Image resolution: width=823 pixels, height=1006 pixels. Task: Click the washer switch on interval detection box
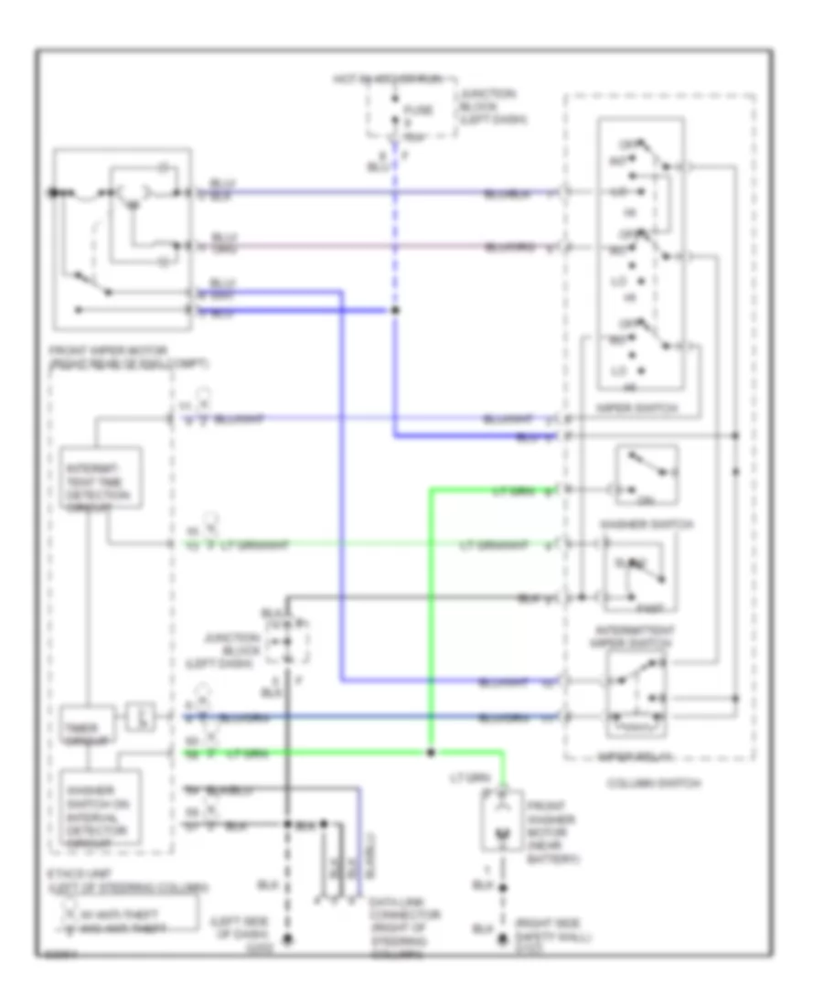(x=100, y=808)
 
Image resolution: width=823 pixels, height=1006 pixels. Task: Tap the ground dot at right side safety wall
(x=501, y=939)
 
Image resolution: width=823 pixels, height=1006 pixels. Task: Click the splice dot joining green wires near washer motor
(x=430, y=753)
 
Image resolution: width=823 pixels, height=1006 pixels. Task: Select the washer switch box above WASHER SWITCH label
(x=647, y=474)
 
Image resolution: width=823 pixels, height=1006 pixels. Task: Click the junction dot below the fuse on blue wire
(x=395, y=310)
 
